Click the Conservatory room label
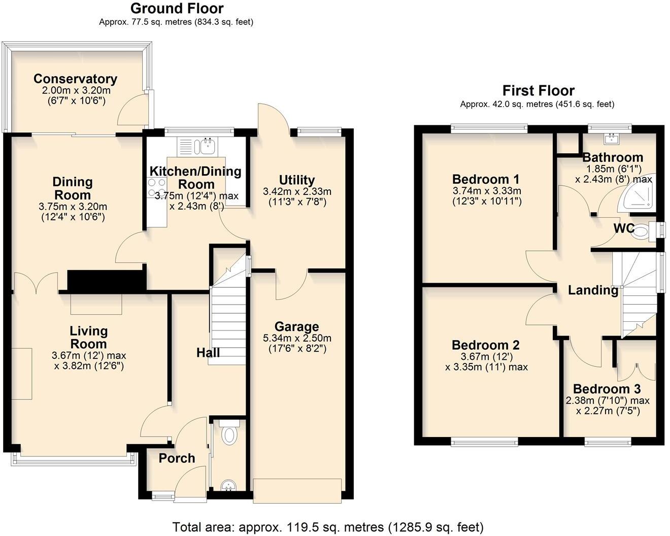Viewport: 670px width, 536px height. pyautogui.click(x=75, y=79)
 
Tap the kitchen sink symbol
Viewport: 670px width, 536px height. pyautogui.click(x=207, y=147)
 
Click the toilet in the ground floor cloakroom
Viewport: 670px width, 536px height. pyautogui.click(x=230, y=435)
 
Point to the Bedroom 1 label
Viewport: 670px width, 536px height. pyautogui.click(x=486, y=179)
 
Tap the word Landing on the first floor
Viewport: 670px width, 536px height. pyautogui.click(x=592, y=290)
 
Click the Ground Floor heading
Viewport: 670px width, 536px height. pyautogui.click(x=177, y=9)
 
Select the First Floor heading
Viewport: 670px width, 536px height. pyautogui.click(x=538, y=91)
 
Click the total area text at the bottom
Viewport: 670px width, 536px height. pyautogui.click(x=328, y=527)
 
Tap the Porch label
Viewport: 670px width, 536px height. pyautogui.click(x=177, y=458)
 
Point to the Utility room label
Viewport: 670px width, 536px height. pyautogui.click(x=297, y=180)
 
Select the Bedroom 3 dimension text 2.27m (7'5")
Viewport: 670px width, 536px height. pyautogui.click(x=608, y=410)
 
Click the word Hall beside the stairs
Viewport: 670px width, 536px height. pyautogui.click(x=208, y=352)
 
